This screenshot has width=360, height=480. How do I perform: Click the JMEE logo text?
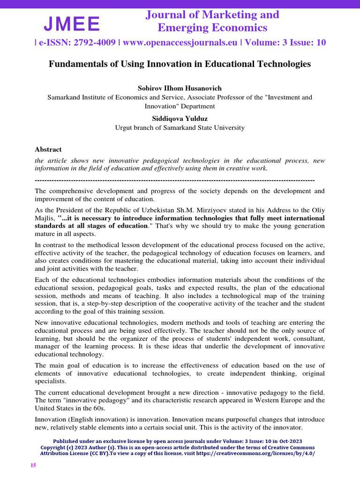72,23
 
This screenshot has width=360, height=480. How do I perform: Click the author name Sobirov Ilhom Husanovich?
180,88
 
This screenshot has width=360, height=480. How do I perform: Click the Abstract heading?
48,150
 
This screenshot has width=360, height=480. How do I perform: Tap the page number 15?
33,465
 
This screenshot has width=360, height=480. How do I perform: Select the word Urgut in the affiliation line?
126,127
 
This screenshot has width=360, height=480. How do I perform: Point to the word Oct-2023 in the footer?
292,442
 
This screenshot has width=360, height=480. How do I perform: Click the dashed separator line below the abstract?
174,180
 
